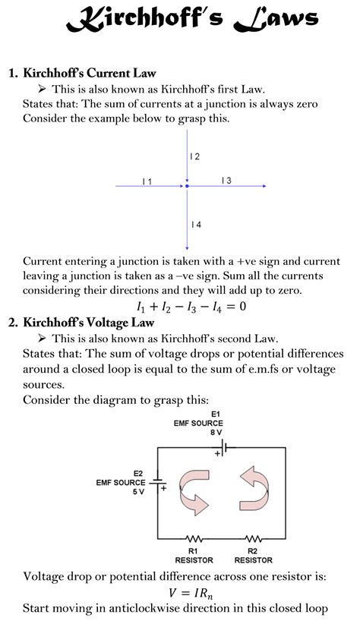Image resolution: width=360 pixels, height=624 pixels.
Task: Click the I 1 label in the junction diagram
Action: tap(147, 181)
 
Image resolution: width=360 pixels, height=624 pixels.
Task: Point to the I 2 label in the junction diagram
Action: tap(195, 156)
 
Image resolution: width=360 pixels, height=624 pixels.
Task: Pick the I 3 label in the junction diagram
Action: tap(226, 180)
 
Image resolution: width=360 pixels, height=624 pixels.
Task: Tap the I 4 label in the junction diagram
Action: tap(196, 224)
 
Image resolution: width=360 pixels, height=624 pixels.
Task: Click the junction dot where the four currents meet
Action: tap(187, 185)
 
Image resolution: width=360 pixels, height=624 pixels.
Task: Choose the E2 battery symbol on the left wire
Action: tap(157, 483)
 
